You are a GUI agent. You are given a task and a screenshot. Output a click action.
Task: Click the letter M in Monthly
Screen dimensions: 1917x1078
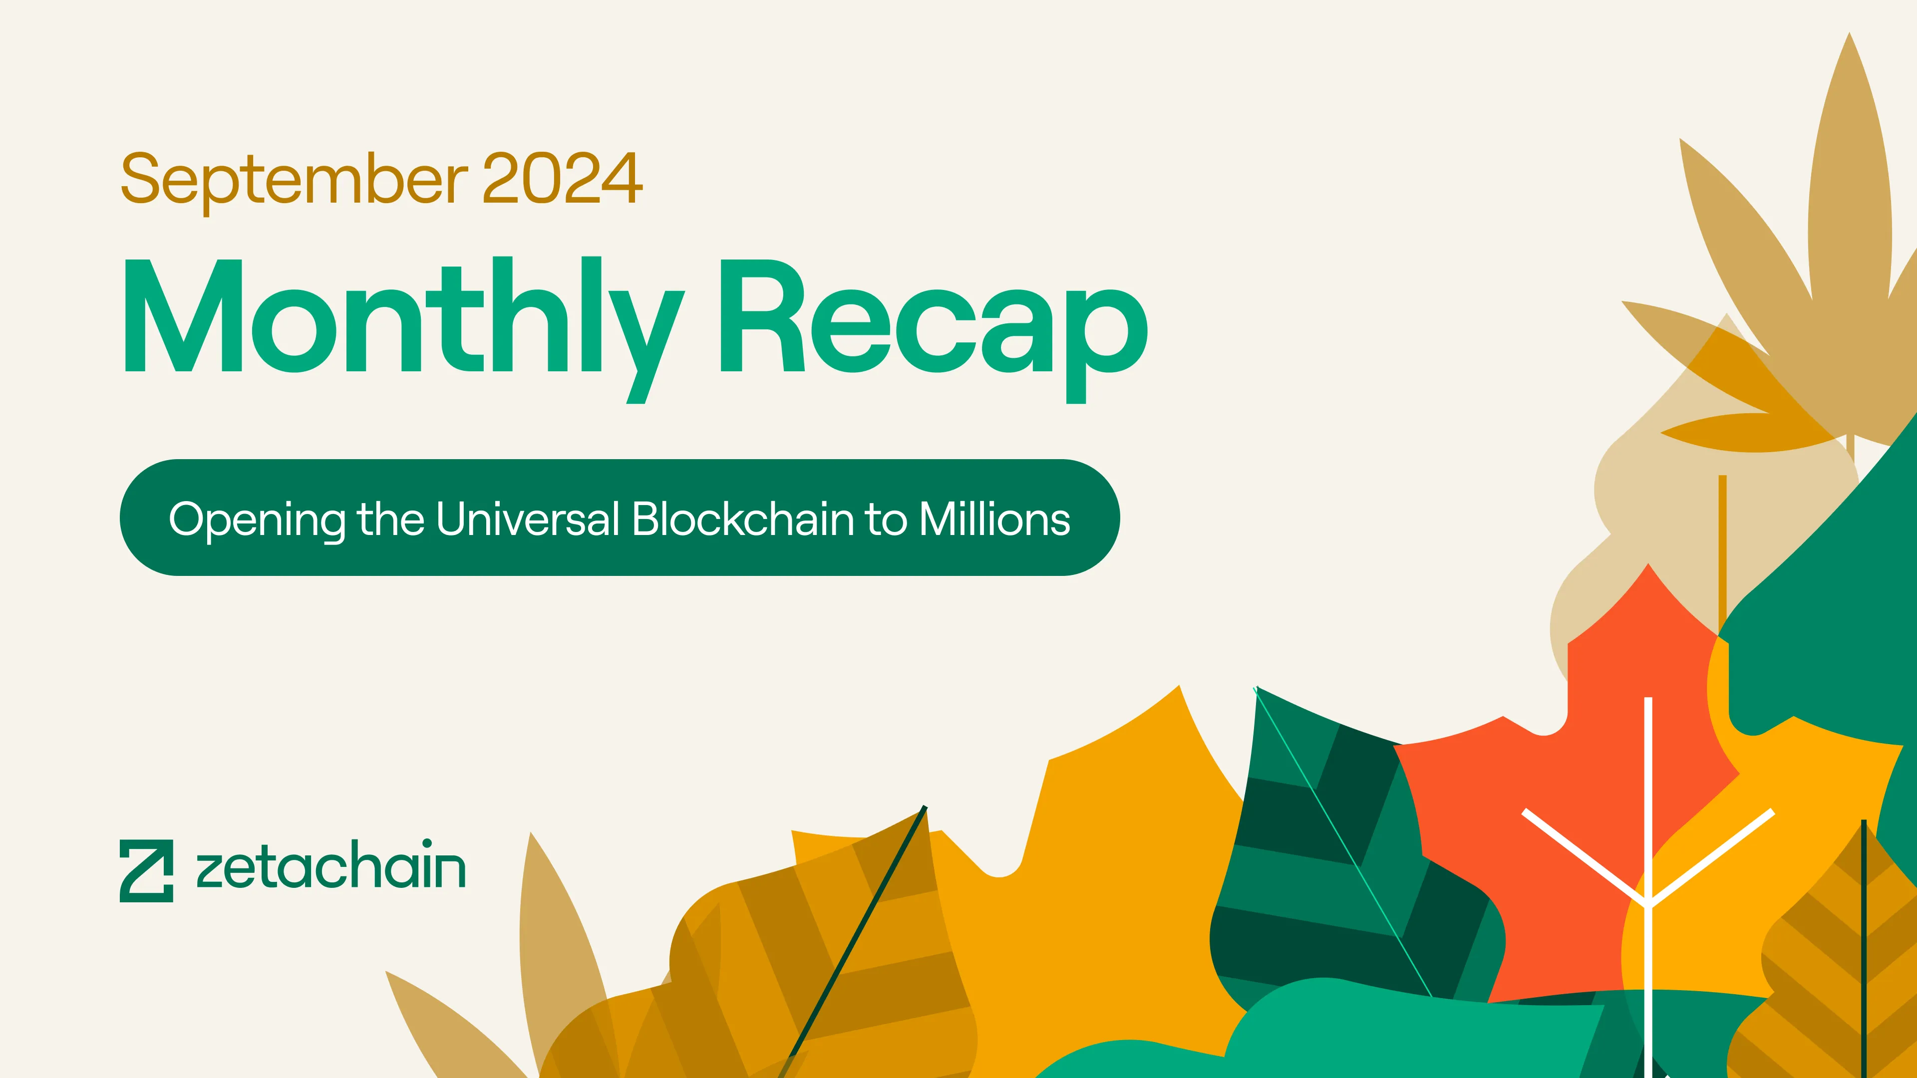(184, 315)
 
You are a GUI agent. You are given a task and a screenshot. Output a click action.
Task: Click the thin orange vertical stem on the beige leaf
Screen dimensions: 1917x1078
(1722, 555)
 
